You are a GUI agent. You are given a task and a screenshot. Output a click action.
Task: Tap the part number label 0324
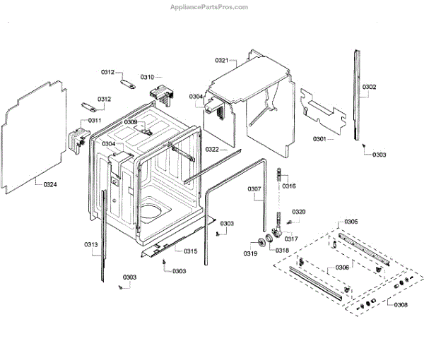click(x=50, y=186)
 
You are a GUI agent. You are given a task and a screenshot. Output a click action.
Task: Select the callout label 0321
click(x=222, y=61)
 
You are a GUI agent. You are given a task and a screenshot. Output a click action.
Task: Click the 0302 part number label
click(x=370, y=88)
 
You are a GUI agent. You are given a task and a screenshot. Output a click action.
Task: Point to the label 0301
click(x=319, y=139)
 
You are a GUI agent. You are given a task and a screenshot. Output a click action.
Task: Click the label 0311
click(x=94, y=121)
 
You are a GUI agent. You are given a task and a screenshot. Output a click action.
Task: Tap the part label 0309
click(x=131, y=122)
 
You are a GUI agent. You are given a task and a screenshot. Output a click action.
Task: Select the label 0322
click(x=212, y=150)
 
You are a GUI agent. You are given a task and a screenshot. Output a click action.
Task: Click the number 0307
click(x=254, y=188)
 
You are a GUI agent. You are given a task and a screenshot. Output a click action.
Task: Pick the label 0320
click(x=299, y=212)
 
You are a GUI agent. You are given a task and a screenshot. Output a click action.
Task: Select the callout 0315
click(x=191, y=251)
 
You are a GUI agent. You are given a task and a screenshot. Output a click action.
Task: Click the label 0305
click(x=351, y=222)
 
